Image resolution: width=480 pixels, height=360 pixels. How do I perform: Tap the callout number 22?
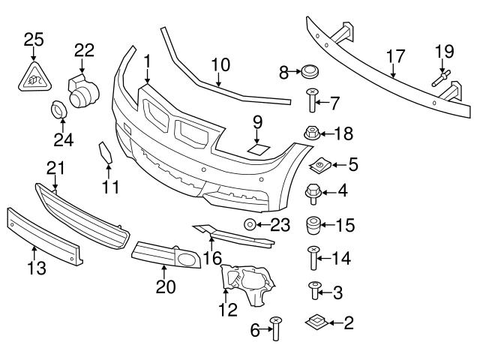[x=84, y=50]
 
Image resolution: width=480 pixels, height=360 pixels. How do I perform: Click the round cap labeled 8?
[x=308, y=72]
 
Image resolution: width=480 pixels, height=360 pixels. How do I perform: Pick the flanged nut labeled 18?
[x=311, y=136]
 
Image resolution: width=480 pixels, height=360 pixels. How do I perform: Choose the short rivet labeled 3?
[x=314, y=289]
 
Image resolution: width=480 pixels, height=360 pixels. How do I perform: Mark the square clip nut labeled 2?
[x=316, y=323]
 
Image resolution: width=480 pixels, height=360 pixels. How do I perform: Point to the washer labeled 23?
[x=248, y=223]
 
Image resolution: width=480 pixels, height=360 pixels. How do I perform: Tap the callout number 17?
[x=395, y=56]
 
